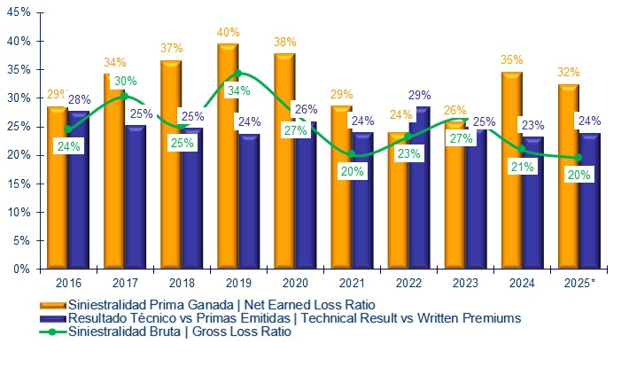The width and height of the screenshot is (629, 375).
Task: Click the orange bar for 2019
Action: tap(228, 160)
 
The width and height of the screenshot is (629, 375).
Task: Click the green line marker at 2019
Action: tap(237, 74)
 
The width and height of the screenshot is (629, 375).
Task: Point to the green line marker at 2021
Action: tap(351, 154)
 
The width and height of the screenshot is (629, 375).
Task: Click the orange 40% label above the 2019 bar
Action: tap(228, 34)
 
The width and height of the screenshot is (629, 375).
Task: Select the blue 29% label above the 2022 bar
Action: tap(420, 96)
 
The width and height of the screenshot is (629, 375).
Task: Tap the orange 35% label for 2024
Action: tap(511, 60)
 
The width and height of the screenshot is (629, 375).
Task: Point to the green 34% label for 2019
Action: tap(239, 90)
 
